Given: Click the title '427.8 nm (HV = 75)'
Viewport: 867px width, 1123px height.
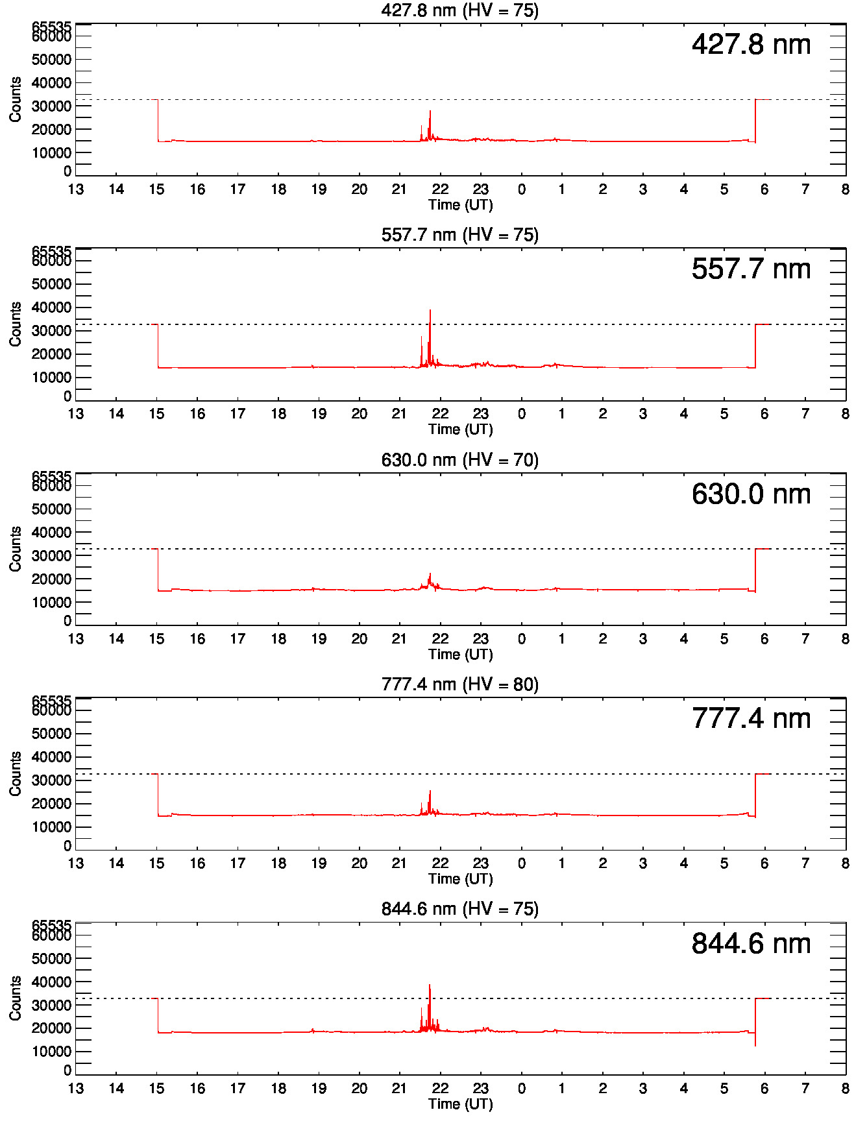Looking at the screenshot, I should point(459,10).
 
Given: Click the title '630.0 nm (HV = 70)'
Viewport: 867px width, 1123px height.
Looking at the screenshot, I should point(459,460).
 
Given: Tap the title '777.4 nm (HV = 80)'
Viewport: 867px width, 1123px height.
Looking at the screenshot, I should point(459,684).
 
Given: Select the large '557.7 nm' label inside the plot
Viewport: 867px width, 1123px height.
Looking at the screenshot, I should point(751,269).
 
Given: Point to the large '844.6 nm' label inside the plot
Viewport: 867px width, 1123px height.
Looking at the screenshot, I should point(751,944).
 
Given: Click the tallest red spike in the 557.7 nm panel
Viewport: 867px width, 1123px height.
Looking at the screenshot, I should point(430,311).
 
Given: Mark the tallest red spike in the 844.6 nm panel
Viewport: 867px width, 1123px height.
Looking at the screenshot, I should point(430,986).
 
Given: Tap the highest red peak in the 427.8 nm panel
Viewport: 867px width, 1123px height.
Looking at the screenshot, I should point(430,112).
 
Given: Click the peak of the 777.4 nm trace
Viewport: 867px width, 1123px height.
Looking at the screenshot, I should point(430,791).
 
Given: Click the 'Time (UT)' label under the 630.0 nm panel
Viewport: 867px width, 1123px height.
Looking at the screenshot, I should point(460,654).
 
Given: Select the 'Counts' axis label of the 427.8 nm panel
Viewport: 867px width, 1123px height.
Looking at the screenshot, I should point(15,99).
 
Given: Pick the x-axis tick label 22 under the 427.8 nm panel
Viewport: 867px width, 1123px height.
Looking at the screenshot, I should point(440,189).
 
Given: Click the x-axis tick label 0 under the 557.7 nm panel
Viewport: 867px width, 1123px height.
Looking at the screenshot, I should point(521,414).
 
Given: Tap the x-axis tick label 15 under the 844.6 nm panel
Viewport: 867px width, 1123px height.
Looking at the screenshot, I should point(157,1089).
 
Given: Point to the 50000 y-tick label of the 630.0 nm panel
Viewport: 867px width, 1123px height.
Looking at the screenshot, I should point(51,509).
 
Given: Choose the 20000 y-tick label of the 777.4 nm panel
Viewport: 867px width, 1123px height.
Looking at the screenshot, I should point(51,804).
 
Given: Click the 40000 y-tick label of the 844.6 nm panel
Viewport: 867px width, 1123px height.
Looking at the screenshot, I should point(51,982).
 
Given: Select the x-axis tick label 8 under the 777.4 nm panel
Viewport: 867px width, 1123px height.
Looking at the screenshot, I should point(845,863).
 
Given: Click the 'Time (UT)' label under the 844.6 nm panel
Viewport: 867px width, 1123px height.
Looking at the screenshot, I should point(460,1104).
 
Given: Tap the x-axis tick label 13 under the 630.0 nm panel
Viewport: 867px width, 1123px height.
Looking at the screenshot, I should point(76,639).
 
